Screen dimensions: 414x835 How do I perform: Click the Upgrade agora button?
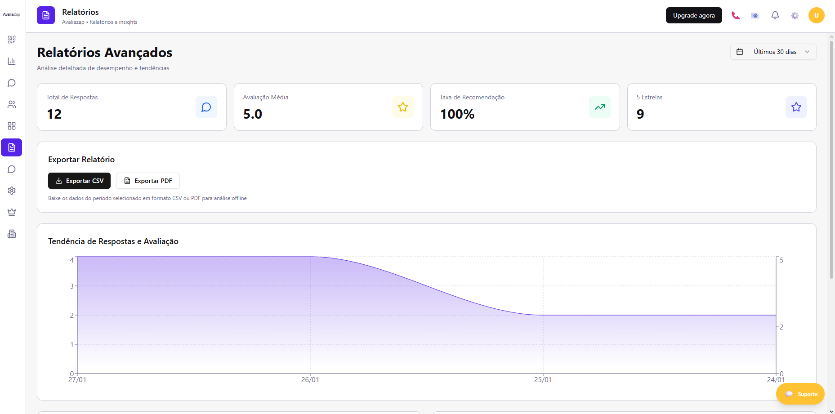pyautogui.click(x=693, y=15)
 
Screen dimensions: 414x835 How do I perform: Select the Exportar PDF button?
pyautogui.click(x=148, y=181)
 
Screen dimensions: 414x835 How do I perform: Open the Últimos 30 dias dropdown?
pyautogui.click(x=773, y=52)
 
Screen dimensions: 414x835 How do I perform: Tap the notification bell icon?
pyautogui.click(x=775, y=15)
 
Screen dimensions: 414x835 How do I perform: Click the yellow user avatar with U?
pyautogui.click(x=816, y=15)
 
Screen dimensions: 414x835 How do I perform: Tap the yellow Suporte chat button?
pyautogui.click(x=800, y=394)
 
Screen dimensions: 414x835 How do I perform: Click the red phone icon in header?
pyautogui.click(x=735, y=15)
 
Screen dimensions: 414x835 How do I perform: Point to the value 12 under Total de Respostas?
pyautogui.click(x=54, y=114)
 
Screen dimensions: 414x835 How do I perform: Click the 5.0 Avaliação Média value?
pyautogui.click(x=253, y=114)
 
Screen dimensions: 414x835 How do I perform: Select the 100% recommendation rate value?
pyautogui.click(x=457, y=114)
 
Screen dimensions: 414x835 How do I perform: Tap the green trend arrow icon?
pyautogui.click(x=600, y=107)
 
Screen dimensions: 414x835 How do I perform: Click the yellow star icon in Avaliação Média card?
pyautogui.click(x=403, y=107)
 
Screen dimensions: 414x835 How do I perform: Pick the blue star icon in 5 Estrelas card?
pyautogui.click(x=796, y=107)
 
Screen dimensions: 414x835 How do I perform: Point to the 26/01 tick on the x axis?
pyautogui.click(x=310, y=379)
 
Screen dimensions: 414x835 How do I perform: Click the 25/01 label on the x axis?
pyautogui.click(x=543, y=380)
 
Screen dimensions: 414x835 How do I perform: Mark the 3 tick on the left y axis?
pyautogui.click(x=72, y=286)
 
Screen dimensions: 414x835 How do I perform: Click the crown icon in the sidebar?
pyautogui.click(x=12, y=212)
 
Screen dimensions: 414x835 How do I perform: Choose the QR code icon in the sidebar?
pyautogui.click(x=12, y=40)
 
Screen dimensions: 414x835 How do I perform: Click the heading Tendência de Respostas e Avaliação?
pyautogui.click(x=113, y=241)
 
